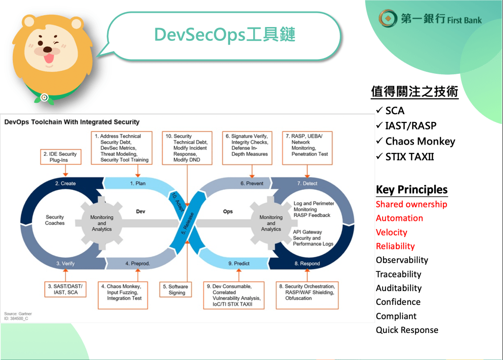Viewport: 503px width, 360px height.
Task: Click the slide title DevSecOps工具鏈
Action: [x=225, y=35]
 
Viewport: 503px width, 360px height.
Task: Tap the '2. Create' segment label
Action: [x=65, y=183]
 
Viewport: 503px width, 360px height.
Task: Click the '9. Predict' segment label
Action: [x=238, y=264]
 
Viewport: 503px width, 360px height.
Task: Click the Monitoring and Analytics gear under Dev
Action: [x=102, y=223]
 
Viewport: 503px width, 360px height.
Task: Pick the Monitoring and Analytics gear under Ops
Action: [x=271, y=223]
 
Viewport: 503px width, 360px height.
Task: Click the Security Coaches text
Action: [x=55, y=220]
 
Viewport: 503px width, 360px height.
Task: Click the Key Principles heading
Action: [x=412, y=190]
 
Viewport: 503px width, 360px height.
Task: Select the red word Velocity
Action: [x=391, y=232]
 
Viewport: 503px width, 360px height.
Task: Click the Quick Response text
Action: [x=407, y=330]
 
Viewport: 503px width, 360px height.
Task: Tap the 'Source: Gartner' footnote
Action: [x=18, y=314]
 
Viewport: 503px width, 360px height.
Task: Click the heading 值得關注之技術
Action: [x=414, y=91]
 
